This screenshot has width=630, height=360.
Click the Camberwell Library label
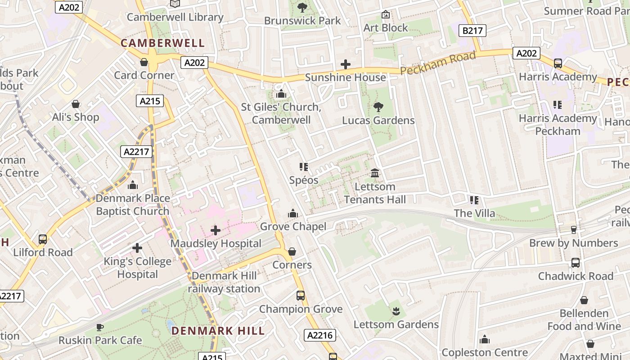click(x=175, y=17)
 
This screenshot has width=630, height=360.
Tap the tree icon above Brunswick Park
click(x=302, y=7)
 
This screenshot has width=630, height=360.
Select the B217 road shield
click(x=472, y=31)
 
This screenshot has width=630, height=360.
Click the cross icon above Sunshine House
click(x=346, y=64)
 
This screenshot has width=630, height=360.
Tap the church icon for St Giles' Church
click(x=281, y=94)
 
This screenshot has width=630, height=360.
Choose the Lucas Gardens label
click(x=378, y=120)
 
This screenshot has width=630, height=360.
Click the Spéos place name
click(x=304, y=180)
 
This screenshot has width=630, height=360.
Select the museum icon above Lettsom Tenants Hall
click(x=375, y=173)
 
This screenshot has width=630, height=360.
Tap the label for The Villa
click(x=474, y=213)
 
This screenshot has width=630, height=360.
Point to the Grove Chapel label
click(x=293, y=226)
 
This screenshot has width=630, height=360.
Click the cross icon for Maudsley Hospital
click(x=216, y=230)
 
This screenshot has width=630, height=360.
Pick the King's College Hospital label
click(x=137, y=268)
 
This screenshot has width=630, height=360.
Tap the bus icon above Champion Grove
click(x=301, y=296)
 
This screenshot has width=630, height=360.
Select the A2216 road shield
click(x=320, y=335)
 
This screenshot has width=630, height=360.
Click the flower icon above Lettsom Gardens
click(x=396, y=311)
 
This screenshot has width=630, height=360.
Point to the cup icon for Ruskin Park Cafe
click(x=100, y=327)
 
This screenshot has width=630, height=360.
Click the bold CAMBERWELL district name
click(x=162, y=43)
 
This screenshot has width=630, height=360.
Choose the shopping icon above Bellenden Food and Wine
click(x=584, y=300)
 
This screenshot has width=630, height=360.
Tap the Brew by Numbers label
click(x=573, y=243)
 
